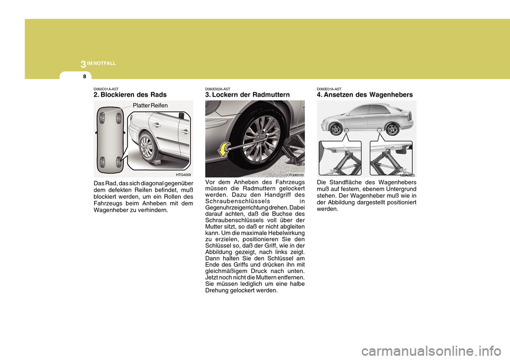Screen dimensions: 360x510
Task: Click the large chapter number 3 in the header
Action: [83, 64]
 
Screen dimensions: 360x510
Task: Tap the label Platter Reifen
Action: [150, 106]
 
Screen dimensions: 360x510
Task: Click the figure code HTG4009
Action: [183, 174]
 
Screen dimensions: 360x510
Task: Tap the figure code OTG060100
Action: [295, 174]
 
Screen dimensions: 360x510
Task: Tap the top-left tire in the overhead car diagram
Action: [103, 114]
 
